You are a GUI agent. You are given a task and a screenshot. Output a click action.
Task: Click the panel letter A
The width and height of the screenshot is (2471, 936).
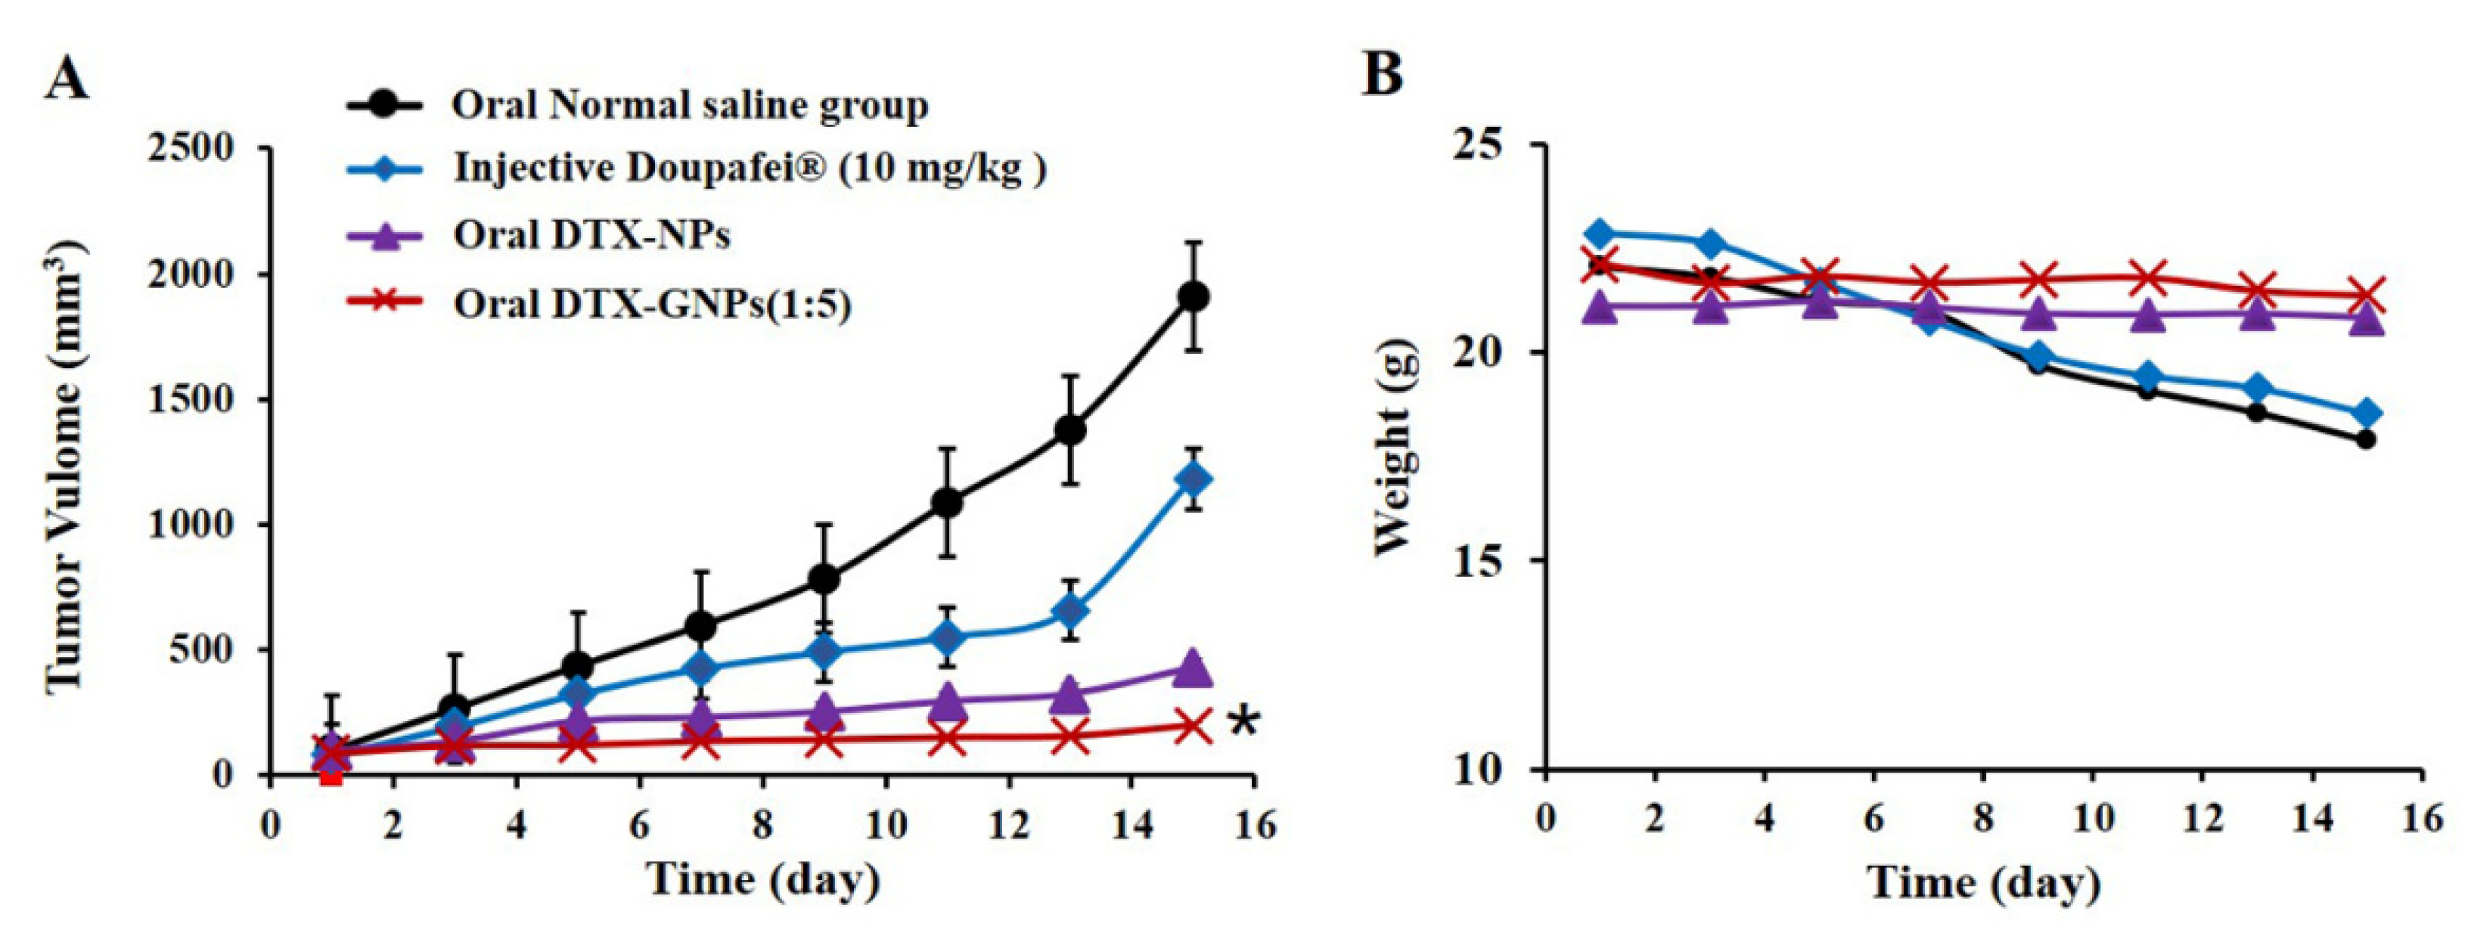(x=67, y=79)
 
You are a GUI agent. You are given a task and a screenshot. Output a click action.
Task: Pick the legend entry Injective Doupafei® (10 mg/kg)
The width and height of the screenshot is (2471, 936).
(x=748, y=169)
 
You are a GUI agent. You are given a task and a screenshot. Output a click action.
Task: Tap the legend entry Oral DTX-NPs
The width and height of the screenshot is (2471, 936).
(x=591, y=235)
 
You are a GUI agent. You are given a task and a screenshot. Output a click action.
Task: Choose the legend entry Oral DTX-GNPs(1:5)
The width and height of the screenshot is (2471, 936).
(x=652, y=304)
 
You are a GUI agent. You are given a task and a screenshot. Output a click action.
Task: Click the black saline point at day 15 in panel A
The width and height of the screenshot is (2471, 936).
(x=1194, y=296)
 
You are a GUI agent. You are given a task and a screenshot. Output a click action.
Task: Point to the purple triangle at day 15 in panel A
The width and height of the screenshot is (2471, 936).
(x=1194, y=668)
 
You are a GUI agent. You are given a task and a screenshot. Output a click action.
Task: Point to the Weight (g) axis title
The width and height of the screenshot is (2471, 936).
(x=1395, y=448)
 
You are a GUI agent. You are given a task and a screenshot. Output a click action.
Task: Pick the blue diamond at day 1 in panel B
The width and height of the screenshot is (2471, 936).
(x=1599, y=233)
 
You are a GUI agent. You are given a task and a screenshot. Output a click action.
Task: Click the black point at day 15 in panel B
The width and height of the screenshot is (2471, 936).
(x=2365, y=440)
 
